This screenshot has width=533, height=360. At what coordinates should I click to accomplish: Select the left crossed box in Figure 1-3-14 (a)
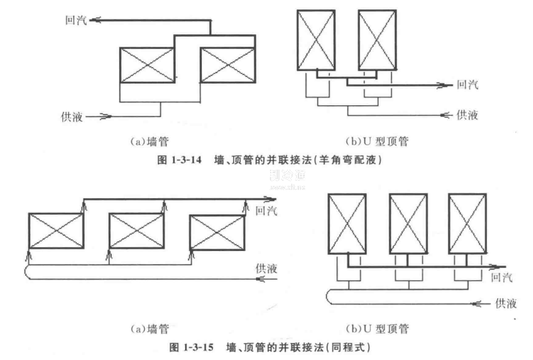pos(146,65)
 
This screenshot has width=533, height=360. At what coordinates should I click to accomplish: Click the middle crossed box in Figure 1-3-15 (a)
pos(136,230)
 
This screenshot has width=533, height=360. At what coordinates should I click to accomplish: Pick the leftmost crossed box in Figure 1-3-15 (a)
pos(56,230)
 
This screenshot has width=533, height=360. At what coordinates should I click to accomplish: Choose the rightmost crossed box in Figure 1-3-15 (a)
pos(216,230)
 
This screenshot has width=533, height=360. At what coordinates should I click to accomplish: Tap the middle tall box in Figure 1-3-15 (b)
pos(408,223)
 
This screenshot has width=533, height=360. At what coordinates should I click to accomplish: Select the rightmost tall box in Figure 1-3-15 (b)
pos(468,223)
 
